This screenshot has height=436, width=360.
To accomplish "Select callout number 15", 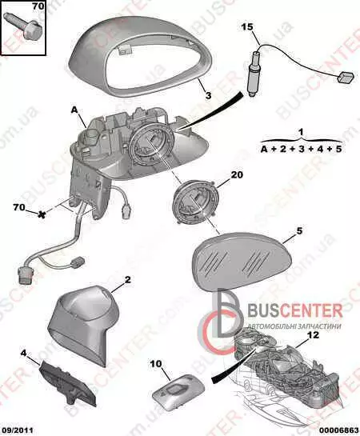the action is click(x=247, y=27).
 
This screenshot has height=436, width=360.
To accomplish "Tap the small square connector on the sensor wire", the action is click(x=346, y=77).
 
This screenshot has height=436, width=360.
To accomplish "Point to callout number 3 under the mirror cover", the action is click(x=208, y=95).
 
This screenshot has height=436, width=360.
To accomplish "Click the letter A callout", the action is click(x=74, y=110).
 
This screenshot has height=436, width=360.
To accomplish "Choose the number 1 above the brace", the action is click(x=302, y=132).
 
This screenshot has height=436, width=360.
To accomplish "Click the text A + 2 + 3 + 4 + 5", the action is click(x=301, y=149).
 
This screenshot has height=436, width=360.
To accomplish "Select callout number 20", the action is click(x=237, y=174).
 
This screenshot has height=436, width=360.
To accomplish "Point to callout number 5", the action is click(x=299, y=230).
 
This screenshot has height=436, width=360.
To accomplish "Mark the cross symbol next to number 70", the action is click(x=42, y=214).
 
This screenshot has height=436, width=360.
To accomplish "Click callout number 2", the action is click(x=127, y=279).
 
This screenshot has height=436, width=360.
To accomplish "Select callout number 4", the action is click(x=23, y=354).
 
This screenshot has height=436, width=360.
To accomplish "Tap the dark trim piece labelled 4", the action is click(x=67, y=384).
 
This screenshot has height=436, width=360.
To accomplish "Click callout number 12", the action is click(x=313, y=335).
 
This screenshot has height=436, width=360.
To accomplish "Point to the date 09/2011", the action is click(x=17, y=430).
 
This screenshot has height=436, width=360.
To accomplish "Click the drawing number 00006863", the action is click(x=341, y=430).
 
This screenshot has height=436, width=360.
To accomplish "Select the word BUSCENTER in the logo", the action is click(x=294, y=310).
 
